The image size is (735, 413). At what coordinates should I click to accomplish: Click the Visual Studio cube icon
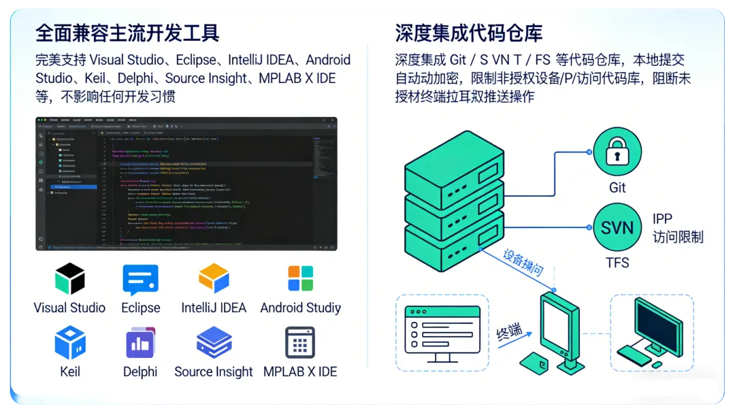click(x=69, y=279)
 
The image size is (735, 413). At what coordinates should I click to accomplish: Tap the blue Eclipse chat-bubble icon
click(x=140, y=280)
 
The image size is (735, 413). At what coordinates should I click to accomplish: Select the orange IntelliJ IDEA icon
click(x=214, y=278)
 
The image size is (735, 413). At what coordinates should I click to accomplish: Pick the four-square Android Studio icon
click(x=300, y=279)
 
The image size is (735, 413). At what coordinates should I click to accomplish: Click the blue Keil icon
click(x=70, y=342)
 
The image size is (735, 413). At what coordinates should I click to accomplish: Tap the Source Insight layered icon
click(x=214, y=342)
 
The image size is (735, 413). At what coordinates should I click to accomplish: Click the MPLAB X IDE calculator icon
click(x=300, y=342)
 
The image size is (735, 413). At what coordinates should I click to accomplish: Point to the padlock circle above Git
click(x=617, y=152)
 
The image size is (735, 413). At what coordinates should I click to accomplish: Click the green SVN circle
click(x=617, y=227)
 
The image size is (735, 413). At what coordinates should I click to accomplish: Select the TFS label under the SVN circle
click(x=617, y=263)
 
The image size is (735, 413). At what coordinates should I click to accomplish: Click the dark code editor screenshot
click(x=186, y=184)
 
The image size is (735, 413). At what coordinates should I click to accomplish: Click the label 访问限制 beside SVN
click(x=678, y=237)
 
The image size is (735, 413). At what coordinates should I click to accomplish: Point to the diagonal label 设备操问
click(x=523, y=263)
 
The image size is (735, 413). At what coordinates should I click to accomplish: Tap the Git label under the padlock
click(x=617, y=187)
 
